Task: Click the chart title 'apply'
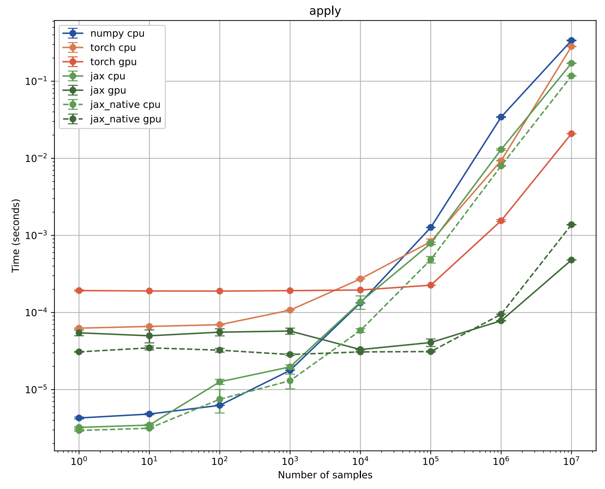coord(325,11)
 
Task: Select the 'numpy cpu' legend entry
coord(117,33)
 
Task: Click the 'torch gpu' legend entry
coord(113,62)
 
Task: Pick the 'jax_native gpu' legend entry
coord(125,119)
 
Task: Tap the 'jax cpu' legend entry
coord(108,76)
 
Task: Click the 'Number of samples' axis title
coord(325,475)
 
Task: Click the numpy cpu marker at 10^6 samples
coord(501,117)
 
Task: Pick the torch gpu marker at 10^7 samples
coord(571,133)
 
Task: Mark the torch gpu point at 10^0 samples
coord(79,291)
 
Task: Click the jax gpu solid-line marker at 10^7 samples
coord(571,260)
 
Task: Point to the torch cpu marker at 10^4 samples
coord(360,279)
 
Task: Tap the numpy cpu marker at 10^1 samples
coord(149,414)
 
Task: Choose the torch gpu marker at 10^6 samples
coord(501,220)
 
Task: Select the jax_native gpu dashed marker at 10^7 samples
coord(571,225)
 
